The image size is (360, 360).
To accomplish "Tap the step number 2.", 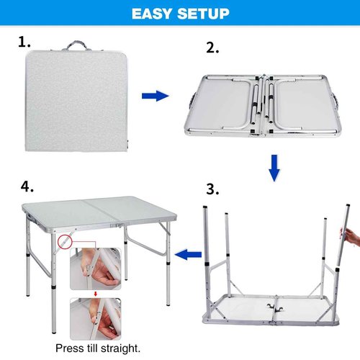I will point(213,48).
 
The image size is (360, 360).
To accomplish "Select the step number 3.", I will point(213,190).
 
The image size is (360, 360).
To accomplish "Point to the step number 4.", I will point(27,186).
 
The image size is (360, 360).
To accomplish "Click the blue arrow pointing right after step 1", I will point(155,96).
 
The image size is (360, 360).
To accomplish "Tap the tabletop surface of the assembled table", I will point(101,212).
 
